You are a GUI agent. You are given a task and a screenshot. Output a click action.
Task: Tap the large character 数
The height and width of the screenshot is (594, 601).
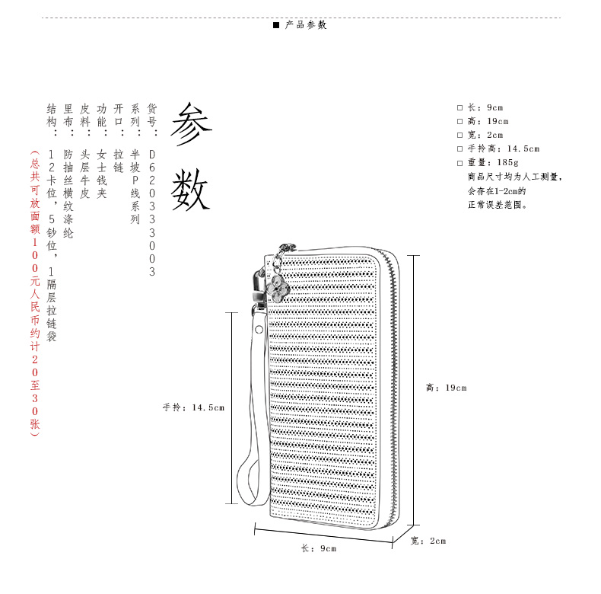[189, 190]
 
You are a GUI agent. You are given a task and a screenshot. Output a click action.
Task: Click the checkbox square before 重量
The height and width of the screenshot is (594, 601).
[459, 163]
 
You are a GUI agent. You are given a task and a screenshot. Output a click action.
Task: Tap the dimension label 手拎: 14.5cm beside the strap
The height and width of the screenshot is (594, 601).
[193, 407]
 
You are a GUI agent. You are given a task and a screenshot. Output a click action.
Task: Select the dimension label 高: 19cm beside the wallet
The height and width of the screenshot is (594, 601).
[446, 388]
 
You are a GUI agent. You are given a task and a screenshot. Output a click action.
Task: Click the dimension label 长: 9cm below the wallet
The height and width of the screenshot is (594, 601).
[318, 548]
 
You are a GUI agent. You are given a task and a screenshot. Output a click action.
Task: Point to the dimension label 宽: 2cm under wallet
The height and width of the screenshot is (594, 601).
[428, 541]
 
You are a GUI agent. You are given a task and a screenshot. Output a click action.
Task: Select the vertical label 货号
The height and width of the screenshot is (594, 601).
[152, 115]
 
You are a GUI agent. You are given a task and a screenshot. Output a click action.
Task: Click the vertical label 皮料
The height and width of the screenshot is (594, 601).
[85, 115]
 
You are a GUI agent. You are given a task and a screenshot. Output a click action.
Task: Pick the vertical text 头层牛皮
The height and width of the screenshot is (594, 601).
[85, 174]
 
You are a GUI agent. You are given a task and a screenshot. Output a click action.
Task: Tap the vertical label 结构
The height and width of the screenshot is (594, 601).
[52, 115]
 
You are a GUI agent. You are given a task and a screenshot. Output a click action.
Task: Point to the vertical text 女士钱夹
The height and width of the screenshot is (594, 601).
[102, 174]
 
